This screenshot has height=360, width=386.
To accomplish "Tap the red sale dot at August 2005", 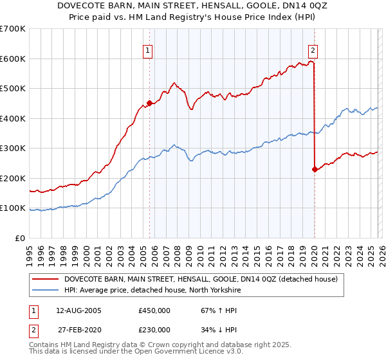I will pos(149,103).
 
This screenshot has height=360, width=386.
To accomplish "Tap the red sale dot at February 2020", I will pos(315,169).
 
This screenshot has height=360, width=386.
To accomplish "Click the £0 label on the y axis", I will pos(20,238).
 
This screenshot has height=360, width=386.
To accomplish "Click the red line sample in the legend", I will pos(45,279).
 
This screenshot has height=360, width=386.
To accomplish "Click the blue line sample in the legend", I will pos(45,290).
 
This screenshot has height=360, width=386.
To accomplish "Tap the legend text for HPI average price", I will pos(152,290).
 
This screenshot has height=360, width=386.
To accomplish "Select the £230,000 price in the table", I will pos(154,330).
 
